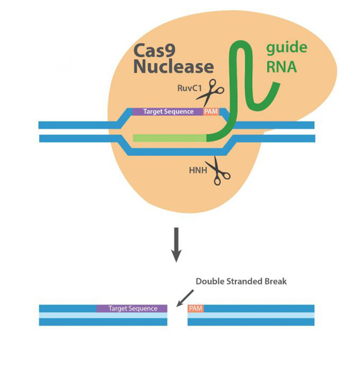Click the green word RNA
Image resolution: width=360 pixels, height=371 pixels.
(281, 67)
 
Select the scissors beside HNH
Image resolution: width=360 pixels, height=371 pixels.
(218, 170)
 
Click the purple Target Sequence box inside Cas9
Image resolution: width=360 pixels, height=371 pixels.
(168, 111)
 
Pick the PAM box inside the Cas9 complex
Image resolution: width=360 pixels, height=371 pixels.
(211, 111)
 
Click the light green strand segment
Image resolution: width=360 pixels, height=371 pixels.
(169, 138)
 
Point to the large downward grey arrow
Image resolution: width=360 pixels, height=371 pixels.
(176, 245)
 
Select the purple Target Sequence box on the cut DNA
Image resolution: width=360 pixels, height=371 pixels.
(132, 308)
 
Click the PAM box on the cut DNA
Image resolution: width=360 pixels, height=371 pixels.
(196, 308)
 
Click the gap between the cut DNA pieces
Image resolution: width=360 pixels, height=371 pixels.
(178, 315)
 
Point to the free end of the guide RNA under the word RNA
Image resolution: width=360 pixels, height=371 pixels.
(277, 85)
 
